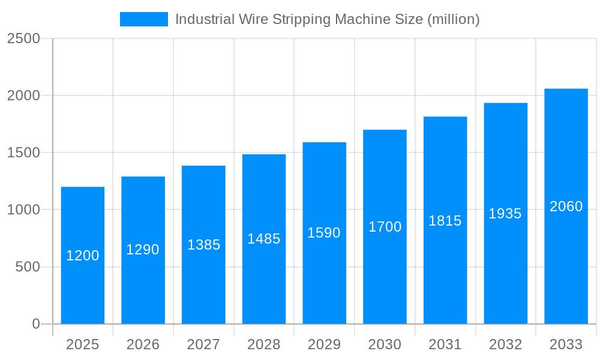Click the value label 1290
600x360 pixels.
click(x=143, y=250)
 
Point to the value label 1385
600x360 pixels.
click(x=204, y=245)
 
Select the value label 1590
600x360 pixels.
click(x=324, y=233)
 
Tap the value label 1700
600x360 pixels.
click(x=385, y=227)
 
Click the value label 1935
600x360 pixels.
click(x=505, y=214)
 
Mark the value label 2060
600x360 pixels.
click(x=566, y=206)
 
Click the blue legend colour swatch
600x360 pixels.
click(x=144, y=19)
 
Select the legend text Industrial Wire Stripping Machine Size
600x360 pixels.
click(x=327, y=19)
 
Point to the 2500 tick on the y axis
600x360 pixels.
click(x=23, y=38)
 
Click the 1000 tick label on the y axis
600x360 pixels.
click(x=23, y=210)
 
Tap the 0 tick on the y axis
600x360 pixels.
click(x=35, y=324)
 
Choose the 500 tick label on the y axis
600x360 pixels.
click(x=28, y=267)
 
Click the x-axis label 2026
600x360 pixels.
click(x=143, y=344)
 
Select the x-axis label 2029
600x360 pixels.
click(x=324, y=344)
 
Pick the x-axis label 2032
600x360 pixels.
click(x=505, y=344)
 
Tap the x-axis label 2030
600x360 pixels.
click(x=385, y=344)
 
